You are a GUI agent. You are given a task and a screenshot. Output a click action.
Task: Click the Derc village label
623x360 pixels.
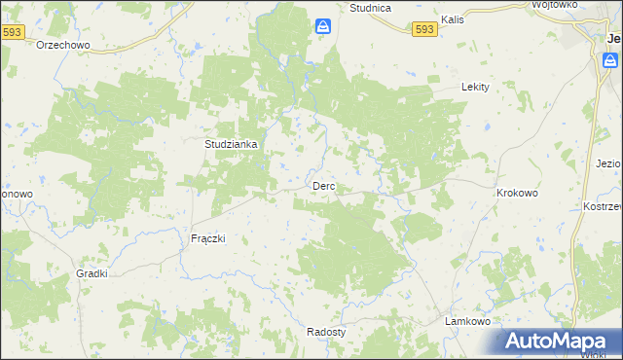pyautogui.click(x=323, y=186)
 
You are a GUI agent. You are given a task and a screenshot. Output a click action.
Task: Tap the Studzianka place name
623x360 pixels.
pyautogui.click(x=231, y=144)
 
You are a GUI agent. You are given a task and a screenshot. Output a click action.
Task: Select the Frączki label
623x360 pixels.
pyautogui.click(x=207, y=238)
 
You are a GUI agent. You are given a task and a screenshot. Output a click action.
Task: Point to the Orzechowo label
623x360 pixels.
pyautogui.click(x=63, y=45)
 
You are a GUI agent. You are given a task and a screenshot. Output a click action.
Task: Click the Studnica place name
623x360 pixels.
pyautogui.click(x=370, y=8)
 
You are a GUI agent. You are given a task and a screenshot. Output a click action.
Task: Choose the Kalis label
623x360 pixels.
pyautogui.click(x=452, y=18)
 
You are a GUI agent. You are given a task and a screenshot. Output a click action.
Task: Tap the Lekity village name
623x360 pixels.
pyautogui.click(x=474, y=87)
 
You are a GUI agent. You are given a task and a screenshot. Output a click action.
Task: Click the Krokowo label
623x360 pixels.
pyautogui.click(x=517, y=193)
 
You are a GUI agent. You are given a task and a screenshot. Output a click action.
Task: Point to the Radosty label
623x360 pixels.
pyautogui.click(x=326, y=331)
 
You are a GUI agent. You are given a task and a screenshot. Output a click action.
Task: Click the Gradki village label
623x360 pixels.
pyautogui.click(x=92, y=273)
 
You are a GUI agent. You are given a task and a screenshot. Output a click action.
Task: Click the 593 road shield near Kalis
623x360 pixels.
pyautogui.click(x=423, y=31)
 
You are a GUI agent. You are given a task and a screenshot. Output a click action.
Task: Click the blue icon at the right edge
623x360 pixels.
pyautogui.click(x=609, y=61)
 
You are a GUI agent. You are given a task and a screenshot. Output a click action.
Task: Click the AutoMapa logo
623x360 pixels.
pyautogui.click(x=562, y=342)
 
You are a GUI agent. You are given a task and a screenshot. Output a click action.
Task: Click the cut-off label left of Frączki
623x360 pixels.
pyautogui.click(x=16, y=194)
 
